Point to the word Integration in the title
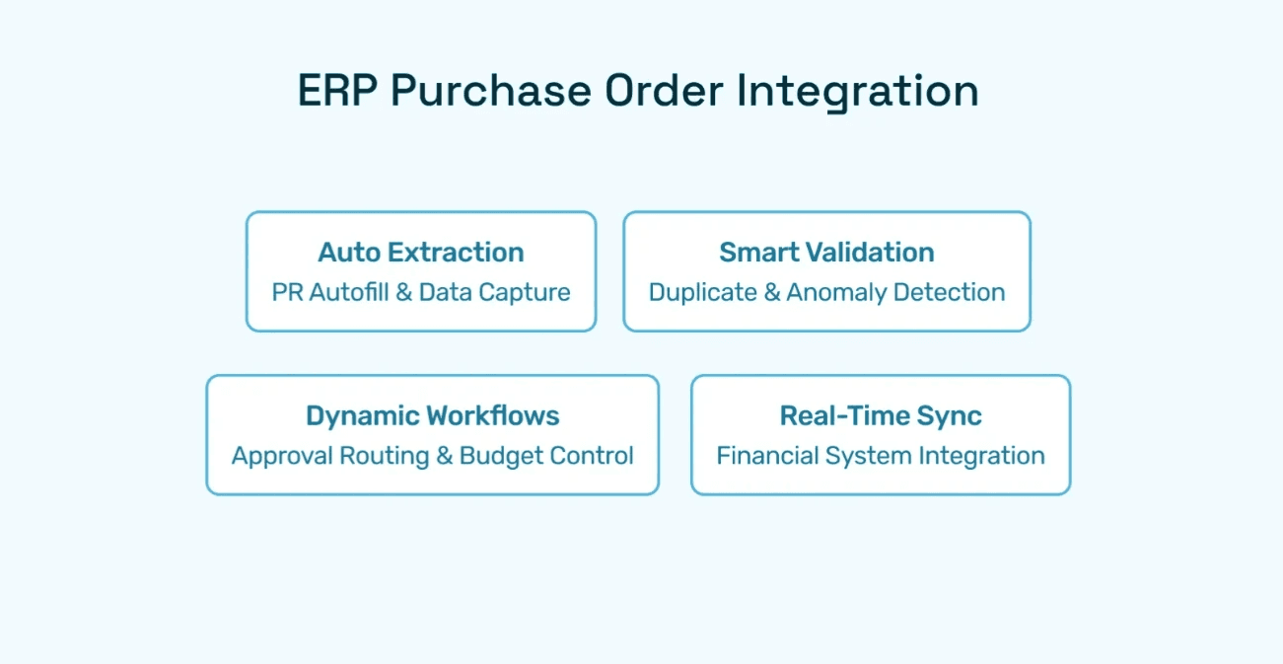(x=857, y=91)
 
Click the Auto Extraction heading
(x=421, y=253)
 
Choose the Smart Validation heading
(x=826, y=253)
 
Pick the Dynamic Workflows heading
(x=432, y=415)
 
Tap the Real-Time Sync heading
(x=881, y=415)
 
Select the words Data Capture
(x=495, y=292)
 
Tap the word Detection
(x=957, y=292)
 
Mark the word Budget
(x=502, y=456)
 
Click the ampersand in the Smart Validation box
(x=772, y=292)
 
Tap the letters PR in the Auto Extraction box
(x=286, y=292)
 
